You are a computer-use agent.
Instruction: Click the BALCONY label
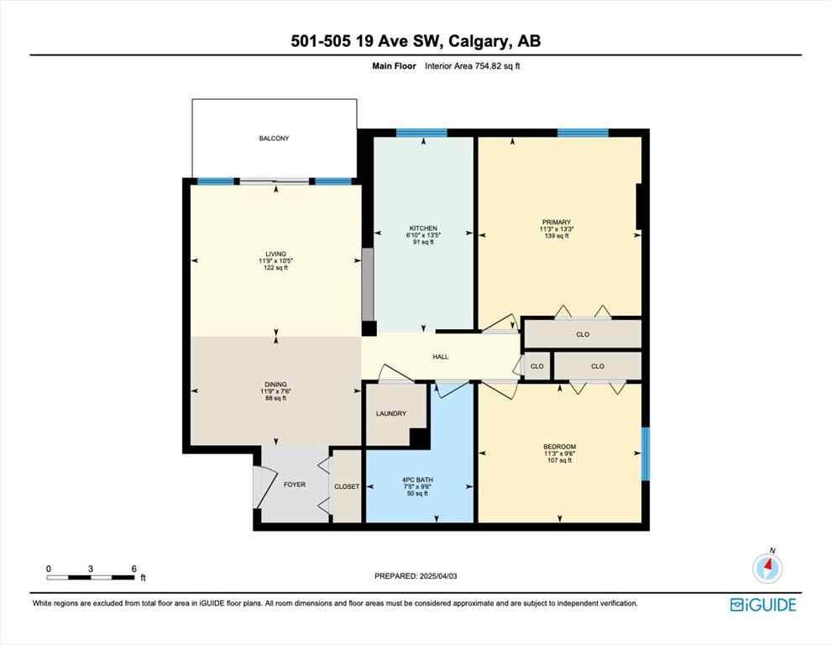tap(274, 138)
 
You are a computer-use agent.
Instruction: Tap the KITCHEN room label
tap(423, 228)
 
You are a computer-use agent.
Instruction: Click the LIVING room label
tap(275, 254)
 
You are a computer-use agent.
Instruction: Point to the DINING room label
tap(275, 385)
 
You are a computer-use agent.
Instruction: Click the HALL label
tap(440, 357)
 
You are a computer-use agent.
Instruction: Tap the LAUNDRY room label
tap(391, 413)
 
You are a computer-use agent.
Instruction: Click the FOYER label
tap(294, 485)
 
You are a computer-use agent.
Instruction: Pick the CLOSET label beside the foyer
tap(347, 486)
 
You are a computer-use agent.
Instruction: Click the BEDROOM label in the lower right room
tap(559, 447)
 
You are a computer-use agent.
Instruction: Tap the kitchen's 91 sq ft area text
tap(423, 243)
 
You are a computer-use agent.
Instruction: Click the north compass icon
tap(767, 569)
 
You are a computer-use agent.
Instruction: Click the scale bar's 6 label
tap(133, 569)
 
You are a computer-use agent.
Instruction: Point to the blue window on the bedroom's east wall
tap(645, 454)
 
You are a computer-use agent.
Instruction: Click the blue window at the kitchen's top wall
tap(421, 132)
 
